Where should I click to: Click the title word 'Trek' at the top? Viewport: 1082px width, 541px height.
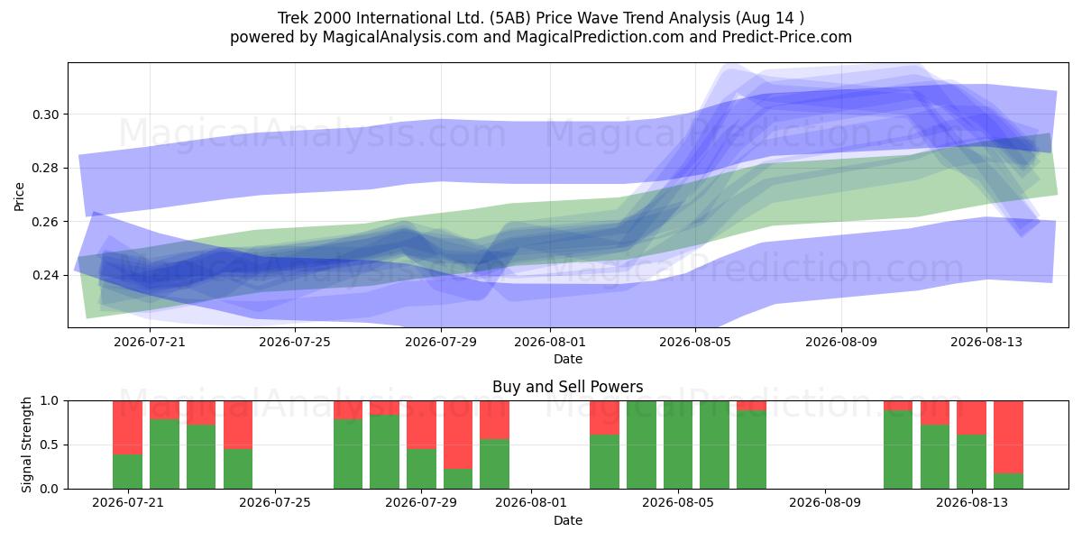coord(293,18)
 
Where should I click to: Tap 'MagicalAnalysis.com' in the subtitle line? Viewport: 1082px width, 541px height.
coord(400,37)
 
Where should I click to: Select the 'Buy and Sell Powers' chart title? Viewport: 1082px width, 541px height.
coord(567,387)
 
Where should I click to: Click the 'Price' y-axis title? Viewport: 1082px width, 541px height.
coord(19,197)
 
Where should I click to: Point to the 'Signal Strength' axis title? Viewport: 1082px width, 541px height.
coord(26,445)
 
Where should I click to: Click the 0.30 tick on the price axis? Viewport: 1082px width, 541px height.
coord(45,115)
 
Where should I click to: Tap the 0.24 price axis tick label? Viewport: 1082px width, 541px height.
coord(45,275)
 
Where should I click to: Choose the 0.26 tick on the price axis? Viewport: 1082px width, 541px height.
coord(45,222)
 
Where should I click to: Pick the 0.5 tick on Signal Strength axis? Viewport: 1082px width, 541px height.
coord(50,445)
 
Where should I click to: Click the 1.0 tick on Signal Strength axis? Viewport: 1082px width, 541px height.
coord(50,401)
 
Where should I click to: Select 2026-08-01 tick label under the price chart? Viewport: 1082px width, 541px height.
coord(550,342)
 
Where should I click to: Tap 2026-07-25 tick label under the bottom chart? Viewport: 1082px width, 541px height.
coord(275,503)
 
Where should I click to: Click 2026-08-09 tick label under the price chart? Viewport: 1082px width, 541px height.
coord(841,342)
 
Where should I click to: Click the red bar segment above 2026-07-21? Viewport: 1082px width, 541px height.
coord(127,427)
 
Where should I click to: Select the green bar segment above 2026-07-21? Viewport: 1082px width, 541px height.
coord(127,472)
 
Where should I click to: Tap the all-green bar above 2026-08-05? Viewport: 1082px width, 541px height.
coord(678,445)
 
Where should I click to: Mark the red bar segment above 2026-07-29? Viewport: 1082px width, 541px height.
coord(421,425)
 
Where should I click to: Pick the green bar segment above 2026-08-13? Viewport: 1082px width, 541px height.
coord(971,462)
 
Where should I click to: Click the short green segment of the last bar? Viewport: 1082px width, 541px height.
coord(1008,481)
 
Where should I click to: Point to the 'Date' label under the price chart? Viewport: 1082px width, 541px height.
coord(567,360)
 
